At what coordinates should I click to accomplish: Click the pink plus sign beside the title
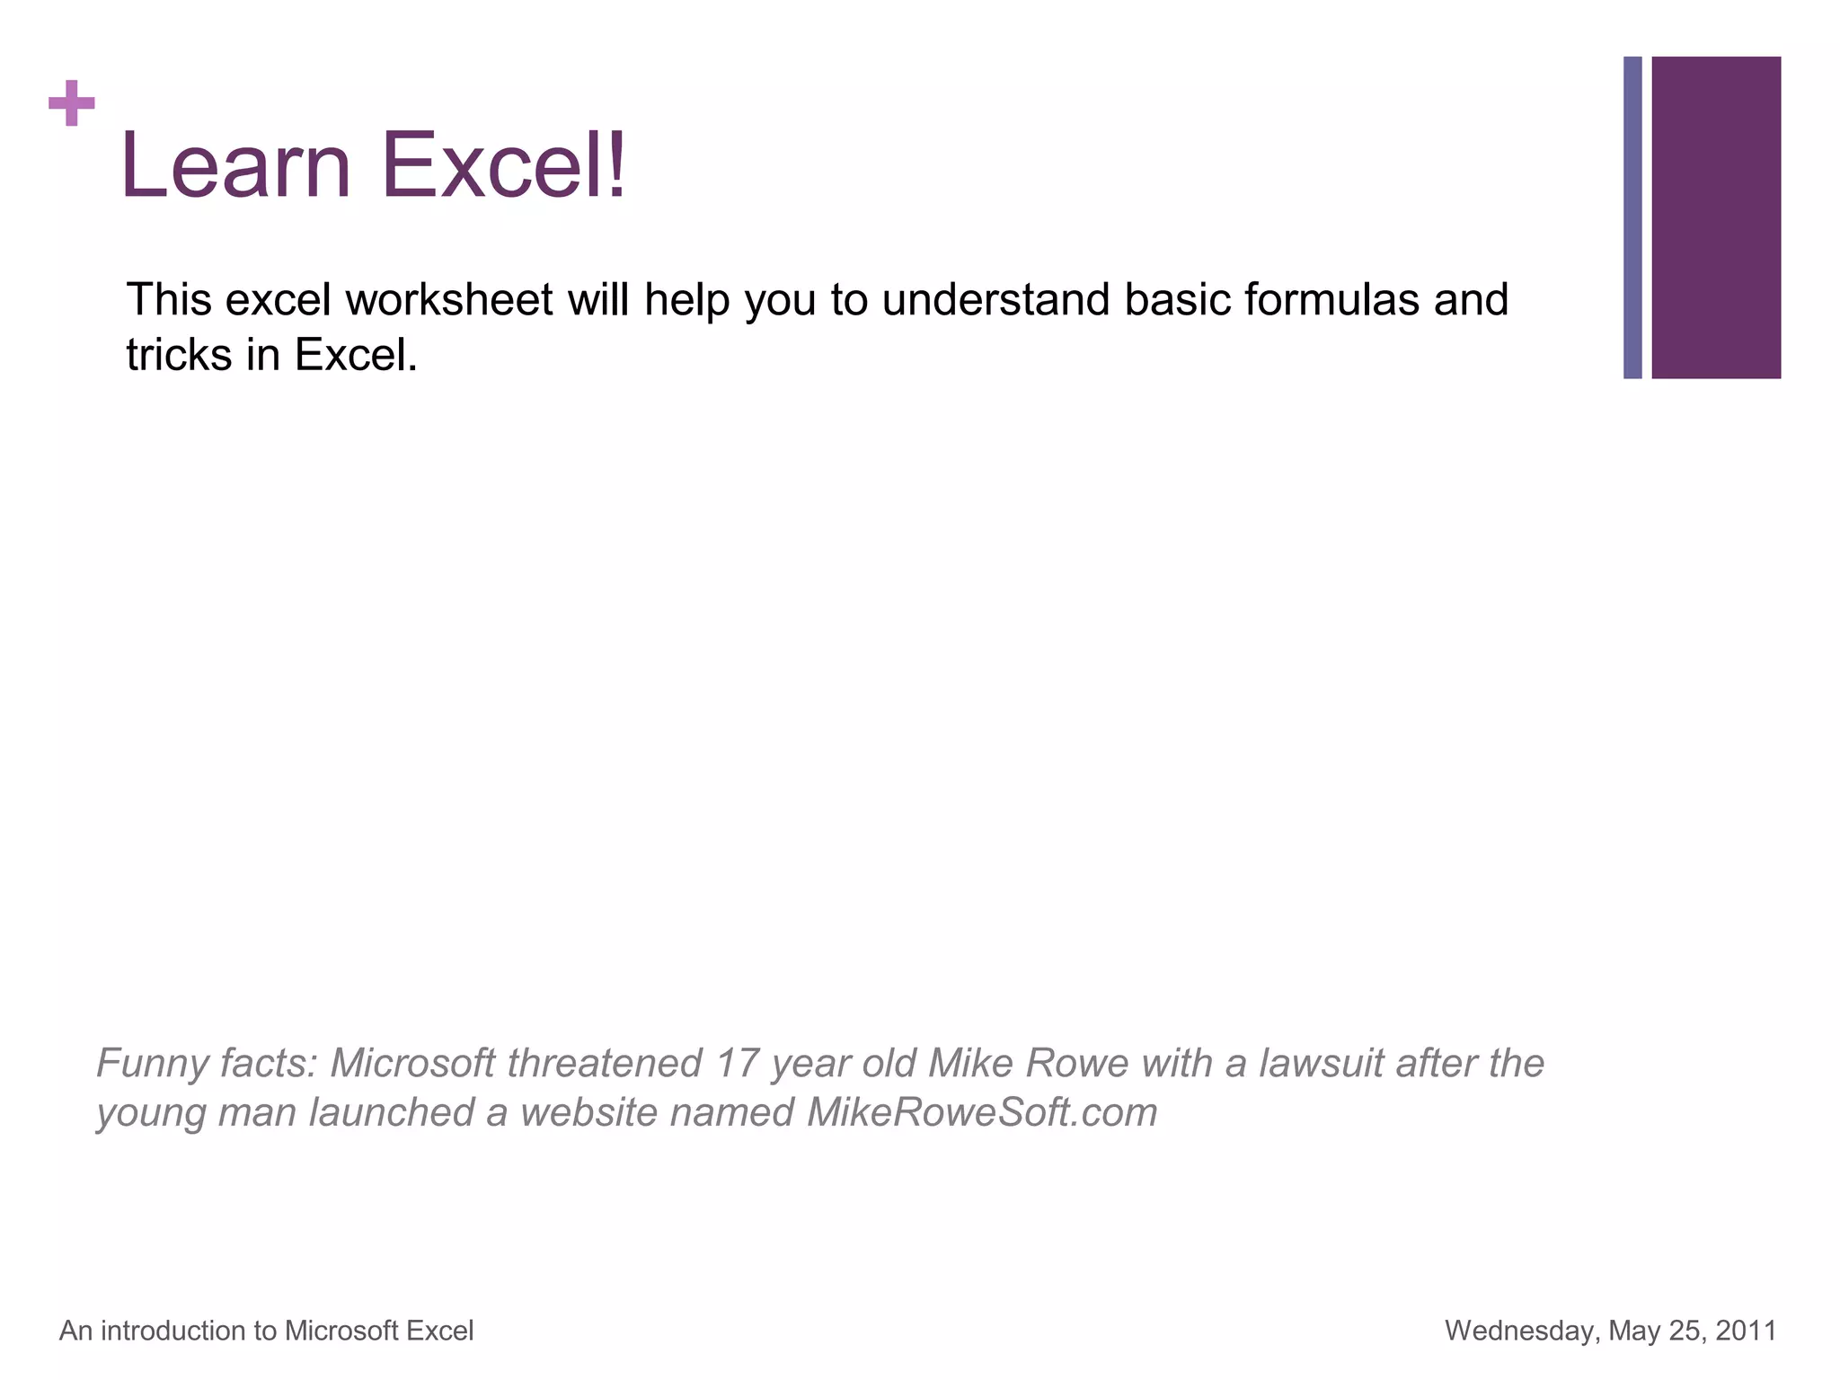point(71,103)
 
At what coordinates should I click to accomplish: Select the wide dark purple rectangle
point(1715,217)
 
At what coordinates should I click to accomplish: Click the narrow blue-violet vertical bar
point(1632,217)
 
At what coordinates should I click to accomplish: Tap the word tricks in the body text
point(179,355)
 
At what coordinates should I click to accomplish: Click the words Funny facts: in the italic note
point(207,1064)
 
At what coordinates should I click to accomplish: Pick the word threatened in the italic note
point(604,1064)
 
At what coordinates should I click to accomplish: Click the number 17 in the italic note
point(737,1064)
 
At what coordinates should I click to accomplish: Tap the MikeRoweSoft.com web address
point(982,1112)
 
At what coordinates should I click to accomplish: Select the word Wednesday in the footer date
point(1522,1331)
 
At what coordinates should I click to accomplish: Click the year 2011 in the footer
point(1745,1331)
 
